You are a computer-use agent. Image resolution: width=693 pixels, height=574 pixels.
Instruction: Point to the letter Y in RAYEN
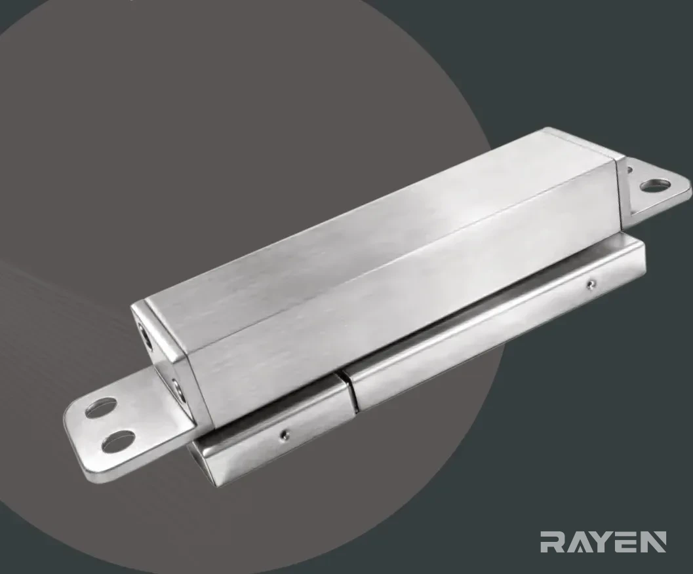[x=601, y=542]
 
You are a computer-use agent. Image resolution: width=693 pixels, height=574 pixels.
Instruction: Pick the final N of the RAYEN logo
[x=652, y=542]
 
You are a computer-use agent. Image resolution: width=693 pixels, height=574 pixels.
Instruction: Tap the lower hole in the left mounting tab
[x=119, y=441]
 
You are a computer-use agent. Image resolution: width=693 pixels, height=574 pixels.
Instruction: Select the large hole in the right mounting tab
[x=653, y=185]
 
